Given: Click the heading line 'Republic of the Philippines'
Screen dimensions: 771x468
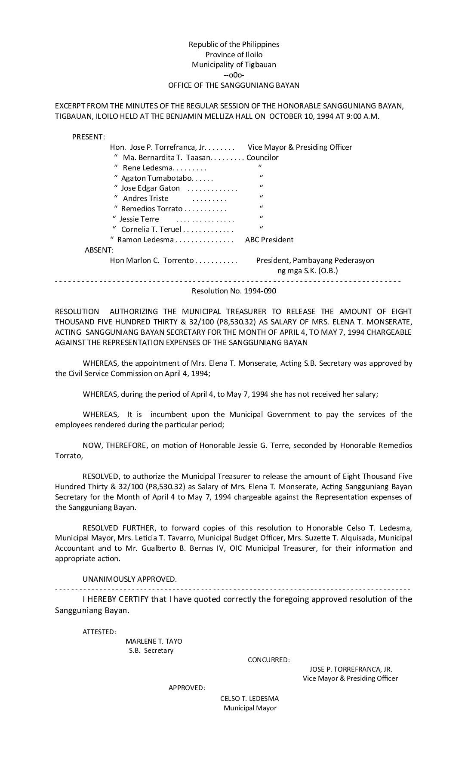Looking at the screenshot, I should pos(234,44).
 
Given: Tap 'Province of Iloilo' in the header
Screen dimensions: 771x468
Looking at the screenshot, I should pos(234,55).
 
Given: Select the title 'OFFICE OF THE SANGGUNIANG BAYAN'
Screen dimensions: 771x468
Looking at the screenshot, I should pos(234,85).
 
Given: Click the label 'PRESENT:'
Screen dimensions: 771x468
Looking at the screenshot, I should pos(88,137).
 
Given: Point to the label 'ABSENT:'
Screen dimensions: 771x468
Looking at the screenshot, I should pos(99,250).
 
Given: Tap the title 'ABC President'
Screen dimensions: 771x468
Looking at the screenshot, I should pos(269,240).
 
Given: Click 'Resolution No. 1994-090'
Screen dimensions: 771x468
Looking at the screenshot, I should pos(234,291).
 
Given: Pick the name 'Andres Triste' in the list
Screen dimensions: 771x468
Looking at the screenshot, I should pos(145,198).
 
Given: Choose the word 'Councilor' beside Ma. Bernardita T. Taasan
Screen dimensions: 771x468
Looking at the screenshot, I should pos(262,157).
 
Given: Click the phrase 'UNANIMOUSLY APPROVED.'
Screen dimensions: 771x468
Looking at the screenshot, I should pos(129,579).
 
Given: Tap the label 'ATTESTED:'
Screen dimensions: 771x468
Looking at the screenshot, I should pos(99,632).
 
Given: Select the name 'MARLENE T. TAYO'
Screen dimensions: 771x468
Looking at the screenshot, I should pos(154,641).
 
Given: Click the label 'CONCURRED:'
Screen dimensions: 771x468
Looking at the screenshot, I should pos(268,660).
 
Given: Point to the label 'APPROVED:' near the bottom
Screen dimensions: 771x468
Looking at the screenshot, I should pos(187,688).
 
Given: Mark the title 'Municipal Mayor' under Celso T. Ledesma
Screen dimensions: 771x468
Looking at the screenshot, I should pos(250,708).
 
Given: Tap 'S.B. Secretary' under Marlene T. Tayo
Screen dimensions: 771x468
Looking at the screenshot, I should pos(151,650).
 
